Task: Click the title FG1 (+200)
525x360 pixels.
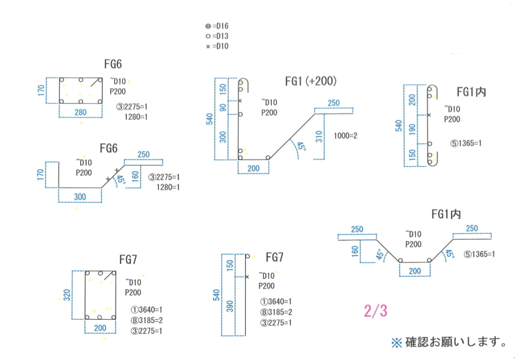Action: pos(311,81)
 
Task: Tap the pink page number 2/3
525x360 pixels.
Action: pos(375,311)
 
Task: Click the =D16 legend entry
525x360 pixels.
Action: pos(217,27)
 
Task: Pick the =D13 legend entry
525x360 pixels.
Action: pos(217,36)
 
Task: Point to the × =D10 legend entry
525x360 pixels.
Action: pos(217,46)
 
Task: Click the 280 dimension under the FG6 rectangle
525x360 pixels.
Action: pos(81,112)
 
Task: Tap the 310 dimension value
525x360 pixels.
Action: pos(319,136)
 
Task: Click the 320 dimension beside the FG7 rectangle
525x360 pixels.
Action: pos(67,295)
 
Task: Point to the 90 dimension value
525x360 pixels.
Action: pos(223,108)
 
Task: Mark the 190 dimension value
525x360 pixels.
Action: pos(413,128)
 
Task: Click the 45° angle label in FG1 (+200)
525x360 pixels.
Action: pos(301,147)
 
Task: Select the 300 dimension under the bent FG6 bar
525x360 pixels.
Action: pos(80,196)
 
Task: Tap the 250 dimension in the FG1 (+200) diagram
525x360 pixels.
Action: pos(334,103)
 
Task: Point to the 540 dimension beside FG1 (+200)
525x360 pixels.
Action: pos(209,119)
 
